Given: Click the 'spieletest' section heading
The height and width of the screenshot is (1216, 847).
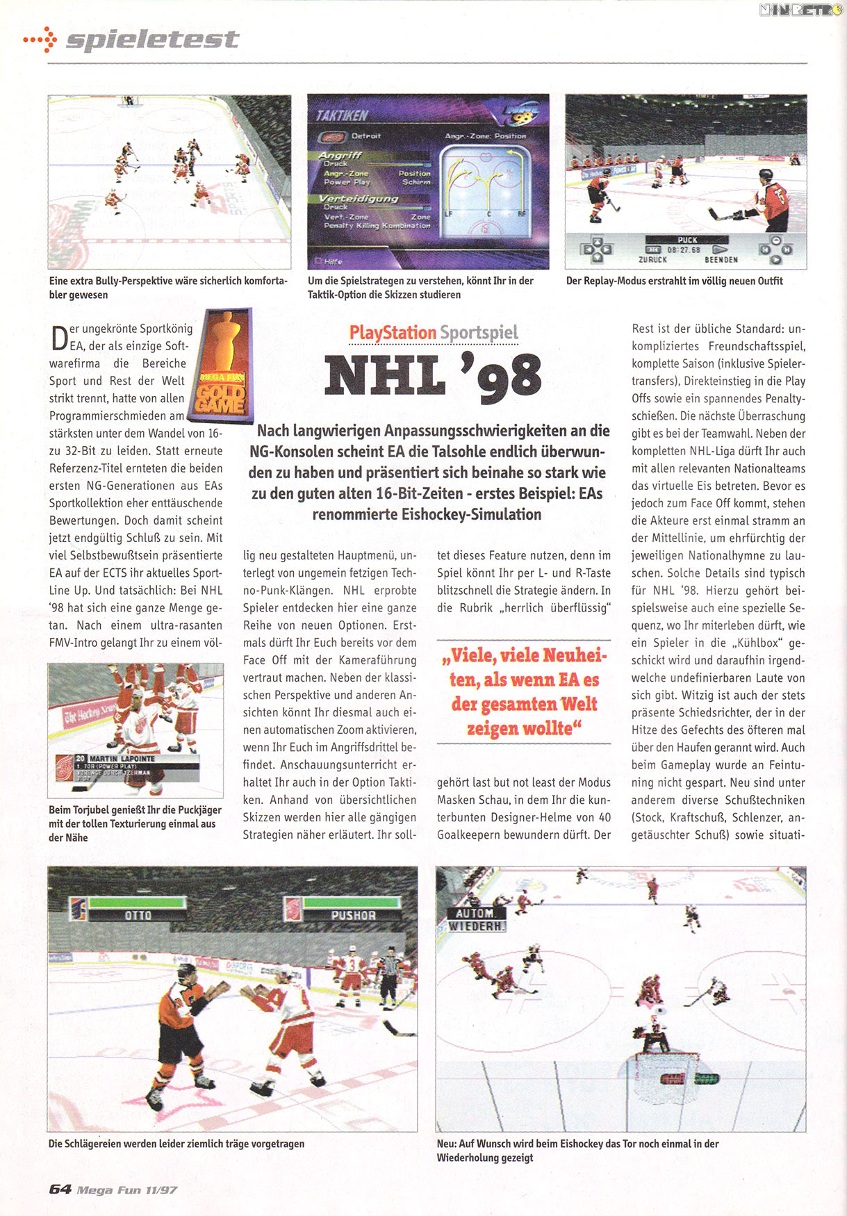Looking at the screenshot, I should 152,40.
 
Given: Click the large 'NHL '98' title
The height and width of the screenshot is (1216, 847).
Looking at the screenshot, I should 433,376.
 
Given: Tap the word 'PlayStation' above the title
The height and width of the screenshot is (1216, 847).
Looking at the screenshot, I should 393,333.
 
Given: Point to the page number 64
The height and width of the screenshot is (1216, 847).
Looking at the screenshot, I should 60,1189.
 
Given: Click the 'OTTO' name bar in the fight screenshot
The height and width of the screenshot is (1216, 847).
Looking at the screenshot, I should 138,915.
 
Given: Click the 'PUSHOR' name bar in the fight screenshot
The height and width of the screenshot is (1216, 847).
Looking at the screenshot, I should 353,915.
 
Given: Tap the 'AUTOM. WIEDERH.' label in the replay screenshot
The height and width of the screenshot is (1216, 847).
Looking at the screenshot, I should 477,920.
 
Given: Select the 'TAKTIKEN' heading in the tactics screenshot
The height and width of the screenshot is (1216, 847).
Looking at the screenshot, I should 342,115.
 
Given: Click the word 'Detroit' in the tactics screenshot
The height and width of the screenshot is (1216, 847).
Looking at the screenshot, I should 366,136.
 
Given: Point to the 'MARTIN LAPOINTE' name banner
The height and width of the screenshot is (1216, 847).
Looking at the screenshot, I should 122,759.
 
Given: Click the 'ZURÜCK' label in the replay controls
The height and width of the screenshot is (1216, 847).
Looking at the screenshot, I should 652,259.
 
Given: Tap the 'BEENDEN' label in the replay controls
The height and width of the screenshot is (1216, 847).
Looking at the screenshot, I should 721,259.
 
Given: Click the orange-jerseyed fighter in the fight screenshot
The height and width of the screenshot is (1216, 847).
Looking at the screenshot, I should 186,1021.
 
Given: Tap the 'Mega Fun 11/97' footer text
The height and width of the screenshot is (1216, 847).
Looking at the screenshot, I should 127,1190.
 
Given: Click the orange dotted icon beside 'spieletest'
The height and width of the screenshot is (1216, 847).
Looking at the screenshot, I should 41,40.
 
